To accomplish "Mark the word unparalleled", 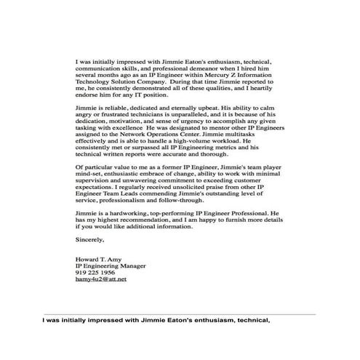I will [193, 115].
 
